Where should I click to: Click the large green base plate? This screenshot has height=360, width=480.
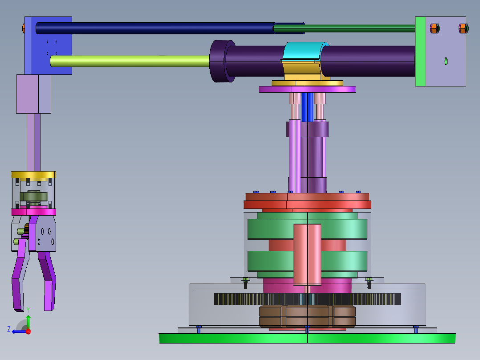click(307, 338)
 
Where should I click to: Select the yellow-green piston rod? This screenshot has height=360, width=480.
click(130, 61)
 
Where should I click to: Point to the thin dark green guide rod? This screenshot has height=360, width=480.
click(344, 29)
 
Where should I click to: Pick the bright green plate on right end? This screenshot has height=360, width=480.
click(421, 52)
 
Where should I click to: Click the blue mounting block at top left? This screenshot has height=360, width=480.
click(49, 45)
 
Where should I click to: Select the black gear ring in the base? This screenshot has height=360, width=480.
click(307, 299)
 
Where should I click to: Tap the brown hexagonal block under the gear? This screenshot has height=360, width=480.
click(307, 316)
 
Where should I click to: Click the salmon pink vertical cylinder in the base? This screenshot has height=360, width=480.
click(307, 254)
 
